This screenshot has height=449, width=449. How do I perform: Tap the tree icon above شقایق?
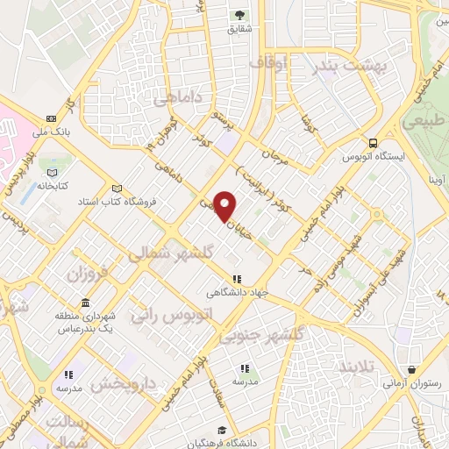click(x=239, y=15)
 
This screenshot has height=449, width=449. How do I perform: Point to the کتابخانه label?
click(x=53, y=186)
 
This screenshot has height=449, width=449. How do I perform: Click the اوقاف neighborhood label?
click(x=268, y=63)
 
